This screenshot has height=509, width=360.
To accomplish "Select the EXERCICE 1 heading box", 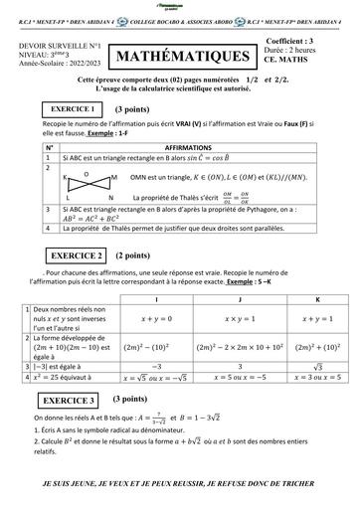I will point(69,107).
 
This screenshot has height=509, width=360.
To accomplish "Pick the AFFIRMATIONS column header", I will point(193,147).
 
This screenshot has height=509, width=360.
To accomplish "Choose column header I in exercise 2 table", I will point(159,298).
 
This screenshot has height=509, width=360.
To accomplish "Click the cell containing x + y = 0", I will point(159,319).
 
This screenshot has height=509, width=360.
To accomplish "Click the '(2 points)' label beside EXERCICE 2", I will point(133,255).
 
